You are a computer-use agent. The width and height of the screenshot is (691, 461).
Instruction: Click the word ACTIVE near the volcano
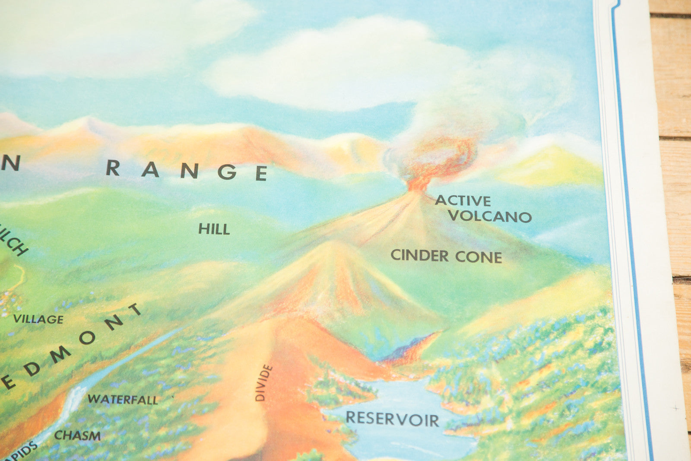pyautogui.click(x=463, y=200)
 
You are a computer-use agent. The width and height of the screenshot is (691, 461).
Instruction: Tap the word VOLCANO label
pyautogui.click(x=490, y=216)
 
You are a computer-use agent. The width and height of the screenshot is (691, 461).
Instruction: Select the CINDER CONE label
pyautogui.click(x=446, y=256)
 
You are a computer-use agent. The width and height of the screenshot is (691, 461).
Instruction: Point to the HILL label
pyautogui.click(x=214, y=229)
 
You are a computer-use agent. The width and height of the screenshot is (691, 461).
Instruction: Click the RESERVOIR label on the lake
pyautogui.click(x=392, y=419)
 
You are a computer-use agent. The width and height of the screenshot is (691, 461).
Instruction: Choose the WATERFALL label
pyautogui.click(x=123, y=399)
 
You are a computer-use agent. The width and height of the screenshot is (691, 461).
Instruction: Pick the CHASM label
pyautogui.click(x=77, y=436)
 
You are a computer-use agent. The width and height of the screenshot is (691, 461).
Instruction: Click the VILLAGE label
pyautogui.click(x=38, y=319)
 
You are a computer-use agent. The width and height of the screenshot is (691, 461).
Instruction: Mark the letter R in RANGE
pyautogui.click(x=113, y=168)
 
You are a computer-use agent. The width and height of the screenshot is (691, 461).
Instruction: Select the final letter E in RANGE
pyautogui.click(x=261, y=173)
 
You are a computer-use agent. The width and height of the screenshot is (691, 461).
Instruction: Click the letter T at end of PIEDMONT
pyautogui.click(x=135, y=309)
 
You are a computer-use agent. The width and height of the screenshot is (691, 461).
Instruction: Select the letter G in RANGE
pyautogui.click(x=227, y=172)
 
